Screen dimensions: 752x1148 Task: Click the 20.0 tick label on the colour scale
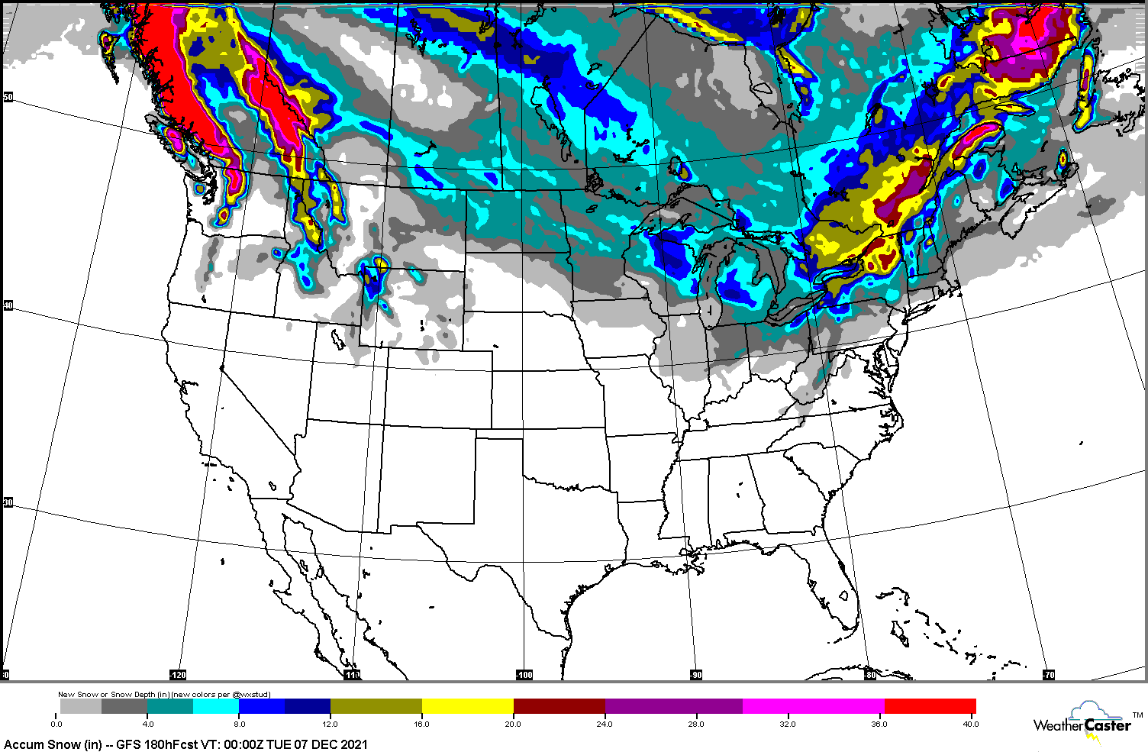tap(512, 724)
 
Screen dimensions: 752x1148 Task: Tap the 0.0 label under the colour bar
tap(56, 724)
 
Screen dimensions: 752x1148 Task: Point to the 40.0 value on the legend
tap(969, 724)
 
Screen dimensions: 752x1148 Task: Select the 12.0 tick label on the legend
tap(330, 724)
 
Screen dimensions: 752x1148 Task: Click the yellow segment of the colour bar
tap(467, 706)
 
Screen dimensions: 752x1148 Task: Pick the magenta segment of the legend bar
tap(813, 706)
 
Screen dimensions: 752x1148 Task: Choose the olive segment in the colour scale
tap(376, 706)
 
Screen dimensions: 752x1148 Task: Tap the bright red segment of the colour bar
tap(930, 706)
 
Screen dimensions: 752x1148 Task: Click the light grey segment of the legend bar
tap(80, 706)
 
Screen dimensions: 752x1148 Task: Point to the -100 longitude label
tap(524, 675)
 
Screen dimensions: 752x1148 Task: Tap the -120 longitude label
tap(177, 675)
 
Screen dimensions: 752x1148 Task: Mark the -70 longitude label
tap(1048, 675)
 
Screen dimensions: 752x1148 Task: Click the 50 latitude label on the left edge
tap(8, 97)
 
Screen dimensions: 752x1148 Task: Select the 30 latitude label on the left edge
tap(8, 502)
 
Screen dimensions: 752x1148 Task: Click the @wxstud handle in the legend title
tap(251, 695)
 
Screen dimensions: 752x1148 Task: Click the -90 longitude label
tap(695, 675)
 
